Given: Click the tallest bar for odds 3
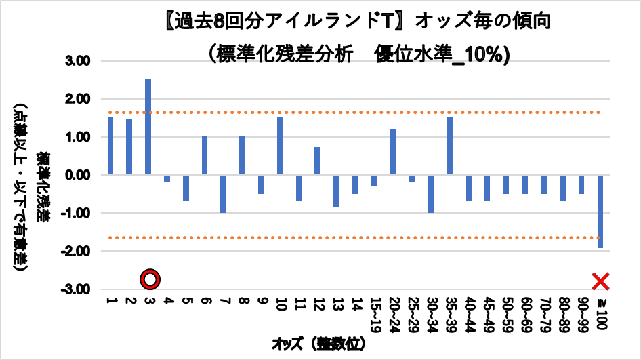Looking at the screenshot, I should click(148, 127).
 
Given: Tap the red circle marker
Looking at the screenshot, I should click(150, 279).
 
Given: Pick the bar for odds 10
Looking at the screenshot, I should click(280, 146).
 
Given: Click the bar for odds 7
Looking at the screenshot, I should click(223, 194).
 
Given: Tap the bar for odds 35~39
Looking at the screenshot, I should click(449, 146).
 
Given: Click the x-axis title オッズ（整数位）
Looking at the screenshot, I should click(318, 344).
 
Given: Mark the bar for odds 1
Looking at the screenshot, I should click(110, 146).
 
